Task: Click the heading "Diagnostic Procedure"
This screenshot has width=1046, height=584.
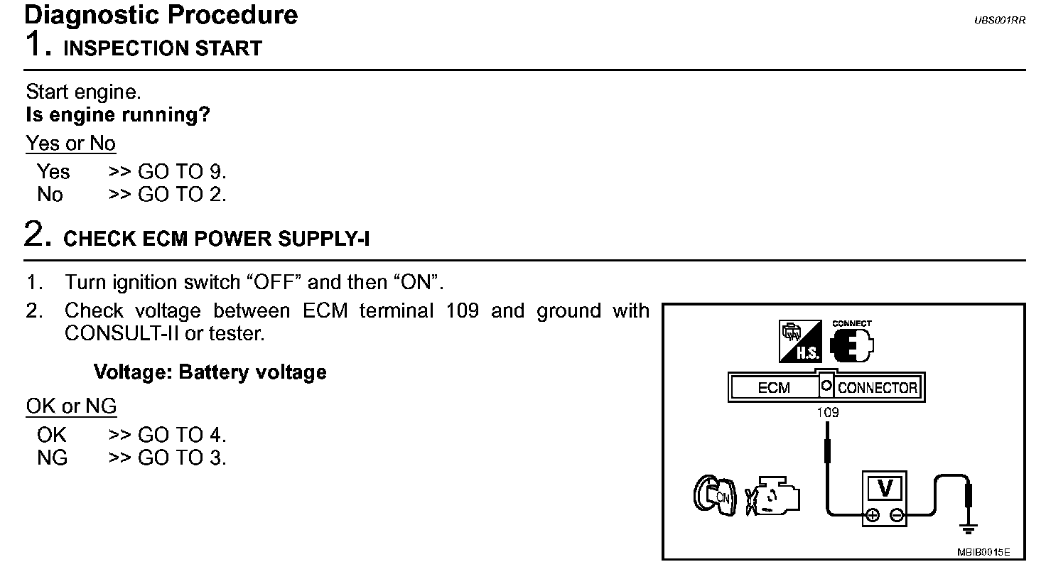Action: [x=161, y=15]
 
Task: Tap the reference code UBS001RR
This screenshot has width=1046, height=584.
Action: [x=999, y=21]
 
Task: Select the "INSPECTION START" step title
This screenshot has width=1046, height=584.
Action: [x=163, y=48]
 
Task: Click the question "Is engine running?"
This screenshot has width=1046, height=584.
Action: [x=118, y=115]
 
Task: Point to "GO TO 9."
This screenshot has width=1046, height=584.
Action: [x=182, y=171]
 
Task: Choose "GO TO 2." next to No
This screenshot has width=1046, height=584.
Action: [x=182, y=195]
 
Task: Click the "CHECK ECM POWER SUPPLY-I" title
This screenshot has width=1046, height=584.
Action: [x=217, y=239]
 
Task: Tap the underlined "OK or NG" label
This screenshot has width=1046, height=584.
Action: [x=71, y=406]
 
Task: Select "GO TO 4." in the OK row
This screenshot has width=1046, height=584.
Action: [x=182, y=435]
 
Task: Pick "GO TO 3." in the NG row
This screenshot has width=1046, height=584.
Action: [x=182, y=458]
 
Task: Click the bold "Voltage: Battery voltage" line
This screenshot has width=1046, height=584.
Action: [x=210, y=372]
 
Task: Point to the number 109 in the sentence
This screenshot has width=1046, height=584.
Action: [x=462, y=311]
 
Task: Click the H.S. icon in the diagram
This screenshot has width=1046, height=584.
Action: [x=800, y=342]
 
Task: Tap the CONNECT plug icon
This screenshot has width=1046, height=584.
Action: [x=851, y=342]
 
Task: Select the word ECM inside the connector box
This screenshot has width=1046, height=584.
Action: [x=774, y=388]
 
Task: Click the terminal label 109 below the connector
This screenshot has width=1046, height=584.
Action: [x=828, y=412]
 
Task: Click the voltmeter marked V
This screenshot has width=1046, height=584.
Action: [x=885, y=498]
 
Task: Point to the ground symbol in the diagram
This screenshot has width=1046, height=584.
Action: [x=969, y=528]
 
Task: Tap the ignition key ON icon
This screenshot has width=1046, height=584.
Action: [x=713, y=495]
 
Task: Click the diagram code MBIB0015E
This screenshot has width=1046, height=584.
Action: [x=983, y=553]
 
